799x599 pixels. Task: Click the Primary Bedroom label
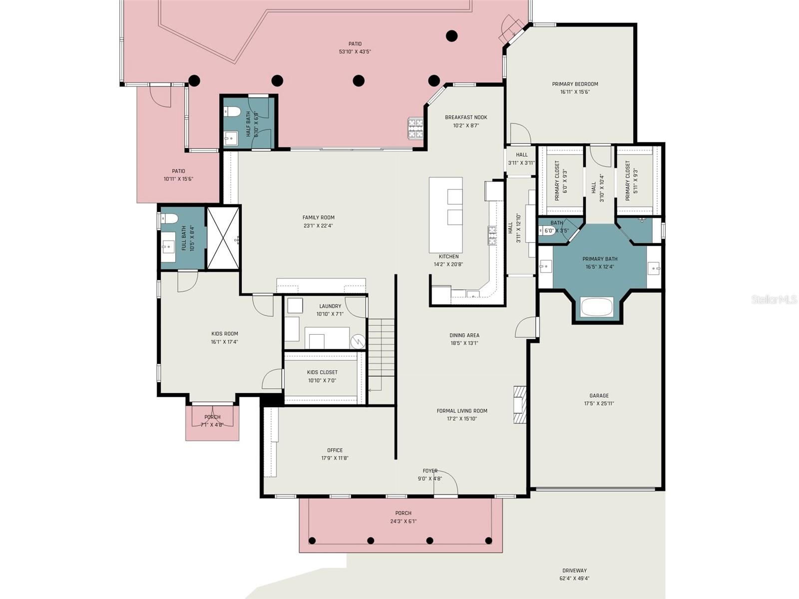(575, 84)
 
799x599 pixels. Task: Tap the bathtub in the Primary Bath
(597, 307)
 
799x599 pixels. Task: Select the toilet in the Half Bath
(232, 111)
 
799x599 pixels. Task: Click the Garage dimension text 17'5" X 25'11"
(599, 404)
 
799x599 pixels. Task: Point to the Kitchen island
(445, 215)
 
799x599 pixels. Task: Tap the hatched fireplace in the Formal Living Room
(520, 404)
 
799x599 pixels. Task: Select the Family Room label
(318, 217)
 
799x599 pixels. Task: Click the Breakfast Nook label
(466, 117)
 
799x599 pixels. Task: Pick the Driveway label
(574, 570)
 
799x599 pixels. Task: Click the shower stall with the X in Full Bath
(223, 238)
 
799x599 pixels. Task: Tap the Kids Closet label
(322, 372)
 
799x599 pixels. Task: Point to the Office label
(335, 450)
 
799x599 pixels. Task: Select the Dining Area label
(464, 335)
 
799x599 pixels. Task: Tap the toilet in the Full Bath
(169, 219)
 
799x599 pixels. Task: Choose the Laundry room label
(330, 306)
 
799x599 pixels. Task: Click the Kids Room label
(225, 334)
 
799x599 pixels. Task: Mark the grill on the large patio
(415, 128)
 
